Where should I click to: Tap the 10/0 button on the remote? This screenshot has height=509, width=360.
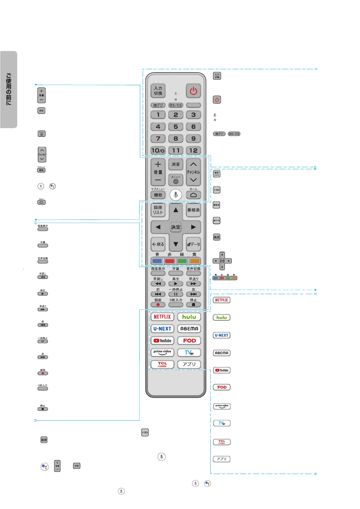158,150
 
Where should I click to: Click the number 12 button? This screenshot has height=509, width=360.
193,150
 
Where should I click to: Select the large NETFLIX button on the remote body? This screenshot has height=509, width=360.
162,317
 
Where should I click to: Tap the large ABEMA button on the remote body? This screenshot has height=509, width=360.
189,329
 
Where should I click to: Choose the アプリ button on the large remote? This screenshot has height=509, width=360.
189,364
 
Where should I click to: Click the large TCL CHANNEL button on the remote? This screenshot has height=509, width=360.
162,364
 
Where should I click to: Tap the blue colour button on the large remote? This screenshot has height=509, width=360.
157,261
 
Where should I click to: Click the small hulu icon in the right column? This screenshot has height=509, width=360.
222,317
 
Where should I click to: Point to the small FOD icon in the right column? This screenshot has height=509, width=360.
222,387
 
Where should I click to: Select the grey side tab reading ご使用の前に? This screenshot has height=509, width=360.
9,89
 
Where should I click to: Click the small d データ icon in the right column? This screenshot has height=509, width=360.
216,221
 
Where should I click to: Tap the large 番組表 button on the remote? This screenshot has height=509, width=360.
193,210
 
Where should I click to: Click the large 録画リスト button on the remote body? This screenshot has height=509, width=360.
158,210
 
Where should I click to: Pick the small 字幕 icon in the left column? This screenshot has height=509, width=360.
43,245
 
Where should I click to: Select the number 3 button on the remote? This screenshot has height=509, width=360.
193,115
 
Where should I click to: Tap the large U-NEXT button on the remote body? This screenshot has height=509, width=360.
162,329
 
